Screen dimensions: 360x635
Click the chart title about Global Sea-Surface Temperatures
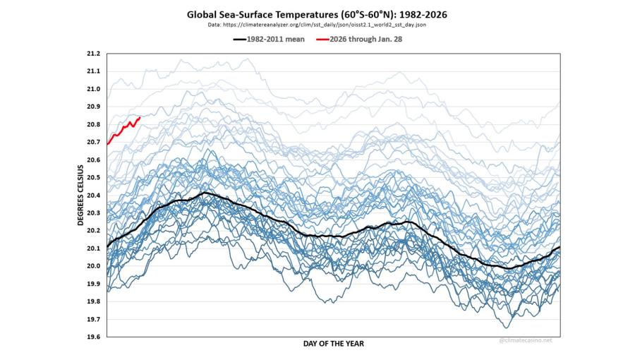coord(317,14)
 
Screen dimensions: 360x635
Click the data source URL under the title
coord(317,25)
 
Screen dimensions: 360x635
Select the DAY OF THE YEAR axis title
coord(334,344)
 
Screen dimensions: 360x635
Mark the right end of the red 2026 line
coord(140,117)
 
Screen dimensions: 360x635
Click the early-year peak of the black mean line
coord(205,192)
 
